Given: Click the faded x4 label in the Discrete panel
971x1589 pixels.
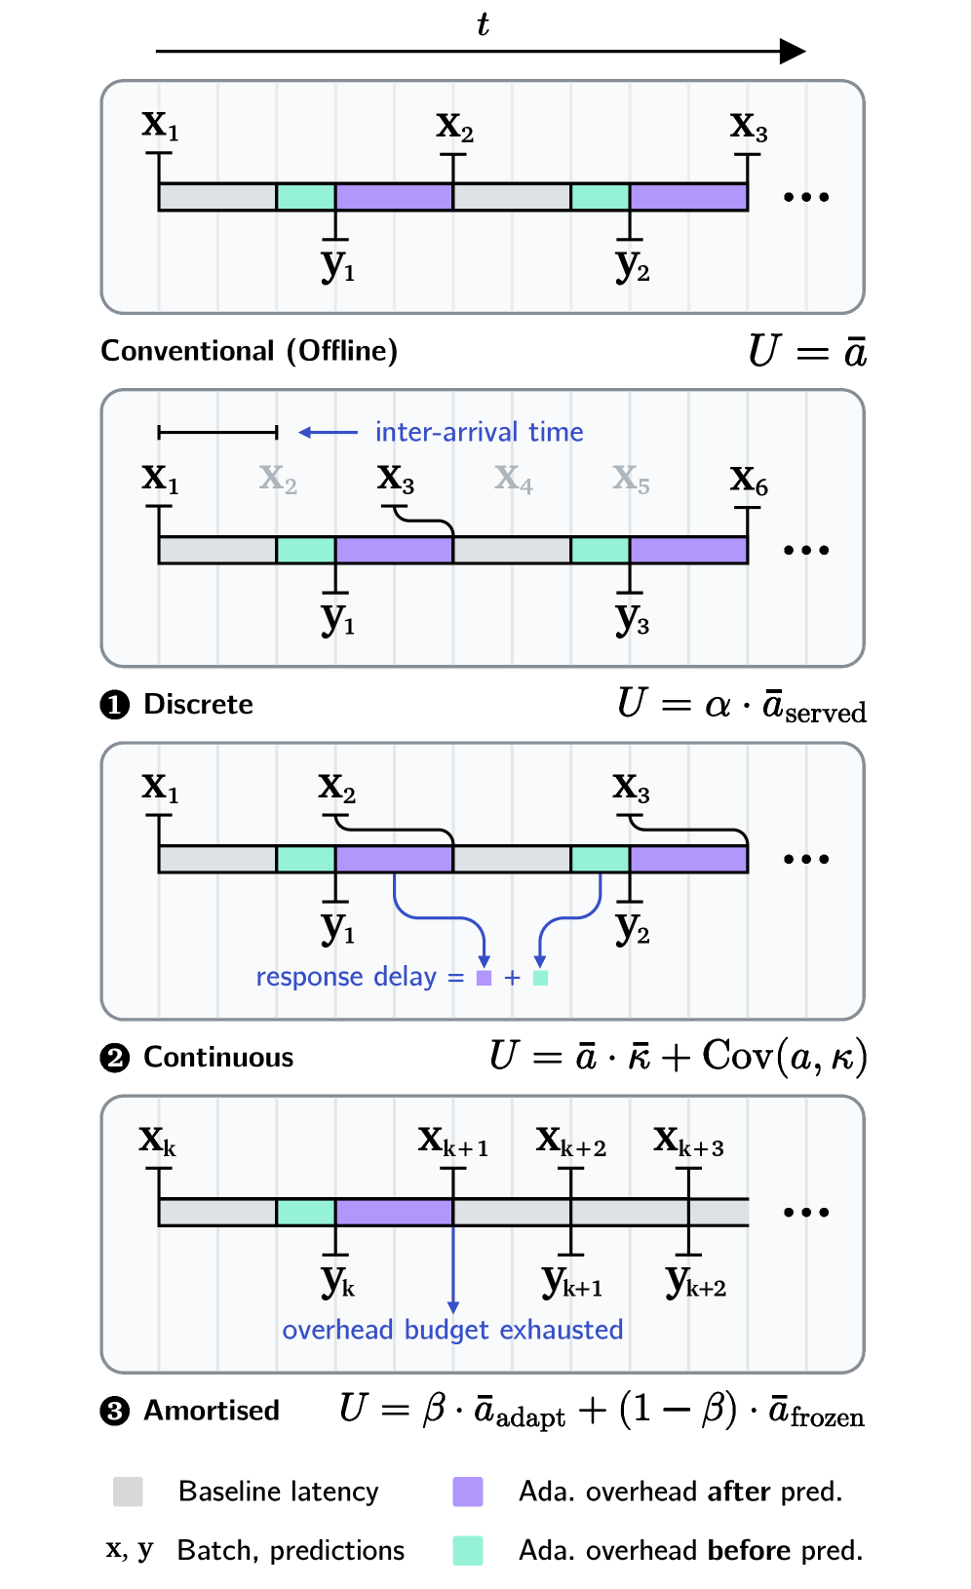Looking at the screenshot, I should tap(514, 479).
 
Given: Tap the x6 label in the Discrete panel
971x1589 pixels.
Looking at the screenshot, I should tap(749, 480).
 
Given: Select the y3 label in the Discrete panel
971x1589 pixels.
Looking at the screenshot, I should tap(632, 617).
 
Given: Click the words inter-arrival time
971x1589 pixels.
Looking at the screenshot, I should tap(479, 432).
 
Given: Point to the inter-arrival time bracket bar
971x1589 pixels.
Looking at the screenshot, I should tap(217, 432).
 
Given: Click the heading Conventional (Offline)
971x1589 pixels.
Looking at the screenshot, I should tap(250, 351).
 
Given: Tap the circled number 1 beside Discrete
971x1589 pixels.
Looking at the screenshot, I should tap(115, 704).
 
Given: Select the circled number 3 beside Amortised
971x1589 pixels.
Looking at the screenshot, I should tap(115, 1411).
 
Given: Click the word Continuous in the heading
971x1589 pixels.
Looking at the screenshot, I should tap(218, 1058).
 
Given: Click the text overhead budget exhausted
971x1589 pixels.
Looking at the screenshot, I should tap(452, 1330).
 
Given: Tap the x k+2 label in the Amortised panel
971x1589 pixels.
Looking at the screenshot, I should tap(571, 1141).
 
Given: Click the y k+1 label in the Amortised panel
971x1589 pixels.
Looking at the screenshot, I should tap(572, 1282).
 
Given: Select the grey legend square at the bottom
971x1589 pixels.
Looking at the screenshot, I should tap(128, 1492).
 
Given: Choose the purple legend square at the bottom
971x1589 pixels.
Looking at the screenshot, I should tap(468, 1492).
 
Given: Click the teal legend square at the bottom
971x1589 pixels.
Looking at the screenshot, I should tap(468, 1550).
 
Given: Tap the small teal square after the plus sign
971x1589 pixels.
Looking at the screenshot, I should tap(541, 978).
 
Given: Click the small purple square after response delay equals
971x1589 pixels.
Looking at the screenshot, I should tap(484, 978).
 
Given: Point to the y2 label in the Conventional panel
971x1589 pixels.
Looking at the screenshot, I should tap(632, 264).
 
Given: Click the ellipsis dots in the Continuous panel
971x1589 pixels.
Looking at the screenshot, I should tap(806, 859).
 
